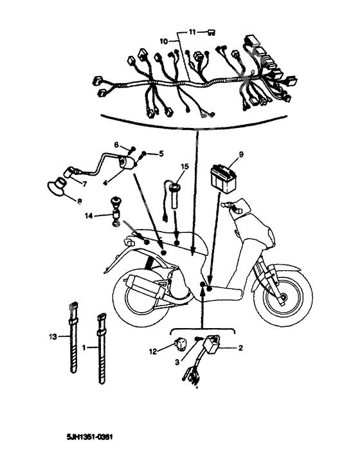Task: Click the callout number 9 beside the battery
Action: coord(241,154)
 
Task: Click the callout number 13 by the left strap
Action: coord(53,336)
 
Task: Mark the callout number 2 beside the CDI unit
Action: coord(240,348)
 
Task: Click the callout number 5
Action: coord(161,154)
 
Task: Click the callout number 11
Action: coord(192,31)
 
